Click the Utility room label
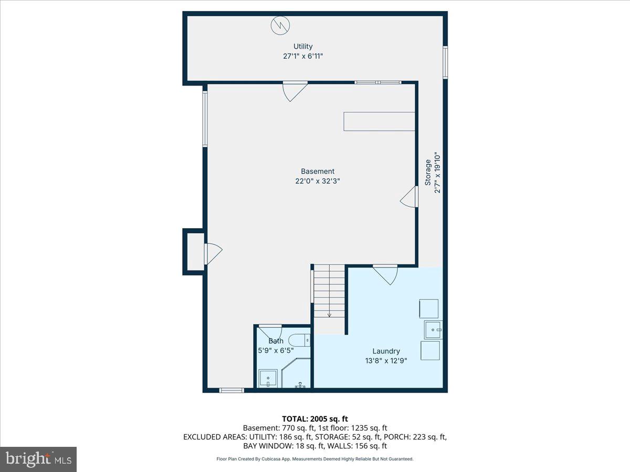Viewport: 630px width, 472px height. (303, 47)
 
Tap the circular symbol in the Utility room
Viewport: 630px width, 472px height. (279, 25)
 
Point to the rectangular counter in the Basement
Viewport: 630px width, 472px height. (379, 121)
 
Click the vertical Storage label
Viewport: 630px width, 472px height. (428, 173)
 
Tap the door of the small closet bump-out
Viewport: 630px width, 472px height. (212, 253)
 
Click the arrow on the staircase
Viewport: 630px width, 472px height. (329, 314)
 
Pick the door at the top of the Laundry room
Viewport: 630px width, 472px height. (386, 274)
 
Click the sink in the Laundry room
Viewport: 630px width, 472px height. (433, 330)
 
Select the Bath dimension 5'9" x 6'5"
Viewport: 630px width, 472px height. (276, 350)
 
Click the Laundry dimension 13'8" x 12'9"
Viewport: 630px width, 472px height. (386, 360)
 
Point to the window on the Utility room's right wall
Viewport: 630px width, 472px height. (445, 62)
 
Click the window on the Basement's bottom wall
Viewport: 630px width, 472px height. (232, 390)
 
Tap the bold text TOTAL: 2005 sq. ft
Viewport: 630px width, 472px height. (315, 419)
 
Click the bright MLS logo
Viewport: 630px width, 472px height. (38, 459)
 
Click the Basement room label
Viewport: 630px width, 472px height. (317, 171)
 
